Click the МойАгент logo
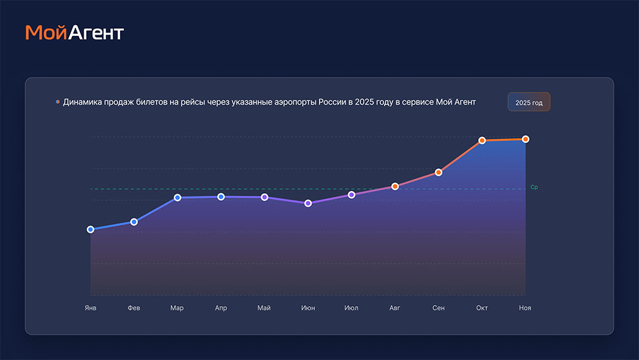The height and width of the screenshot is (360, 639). pos(74,33)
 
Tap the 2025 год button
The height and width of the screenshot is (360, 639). pos(528,102)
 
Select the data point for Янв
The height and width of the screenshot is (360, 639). pos(90,229)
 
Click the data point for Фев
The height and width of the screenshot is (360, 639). pos(134,222)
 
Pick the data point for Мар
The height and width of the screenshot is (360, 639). pos(177,198)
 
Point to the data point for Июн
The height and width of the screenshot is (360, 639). pos(308,203)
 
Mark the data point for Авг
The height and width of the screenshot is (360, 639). pos(395,186)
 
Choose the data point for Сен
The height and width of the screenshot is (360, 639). pos(438,173)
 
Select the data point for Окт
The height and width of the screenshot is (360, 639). pos(482,141)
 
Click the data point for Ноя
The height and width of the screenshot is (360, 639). pos(525,139)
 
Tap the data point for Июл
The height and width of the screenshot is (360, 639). pos(351,194)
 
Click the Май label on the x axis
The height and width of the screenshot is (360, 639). pos(264,308)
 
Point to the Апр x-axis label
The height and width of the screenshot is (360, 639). pos(220,308)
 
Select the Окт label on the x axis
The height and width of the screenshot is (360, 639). pos(482,308)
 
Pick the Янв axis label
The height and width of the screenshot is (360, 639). pos(90,308)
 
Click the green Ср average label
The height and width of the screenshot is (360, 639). pos(534,187)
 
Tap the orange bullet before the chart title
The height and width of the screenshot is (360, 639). pos(58,102)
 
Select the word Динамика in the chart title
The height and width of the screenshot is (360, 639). pos(84,102)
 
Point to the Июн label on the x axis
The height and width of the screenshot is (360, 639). pos(308,308)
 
